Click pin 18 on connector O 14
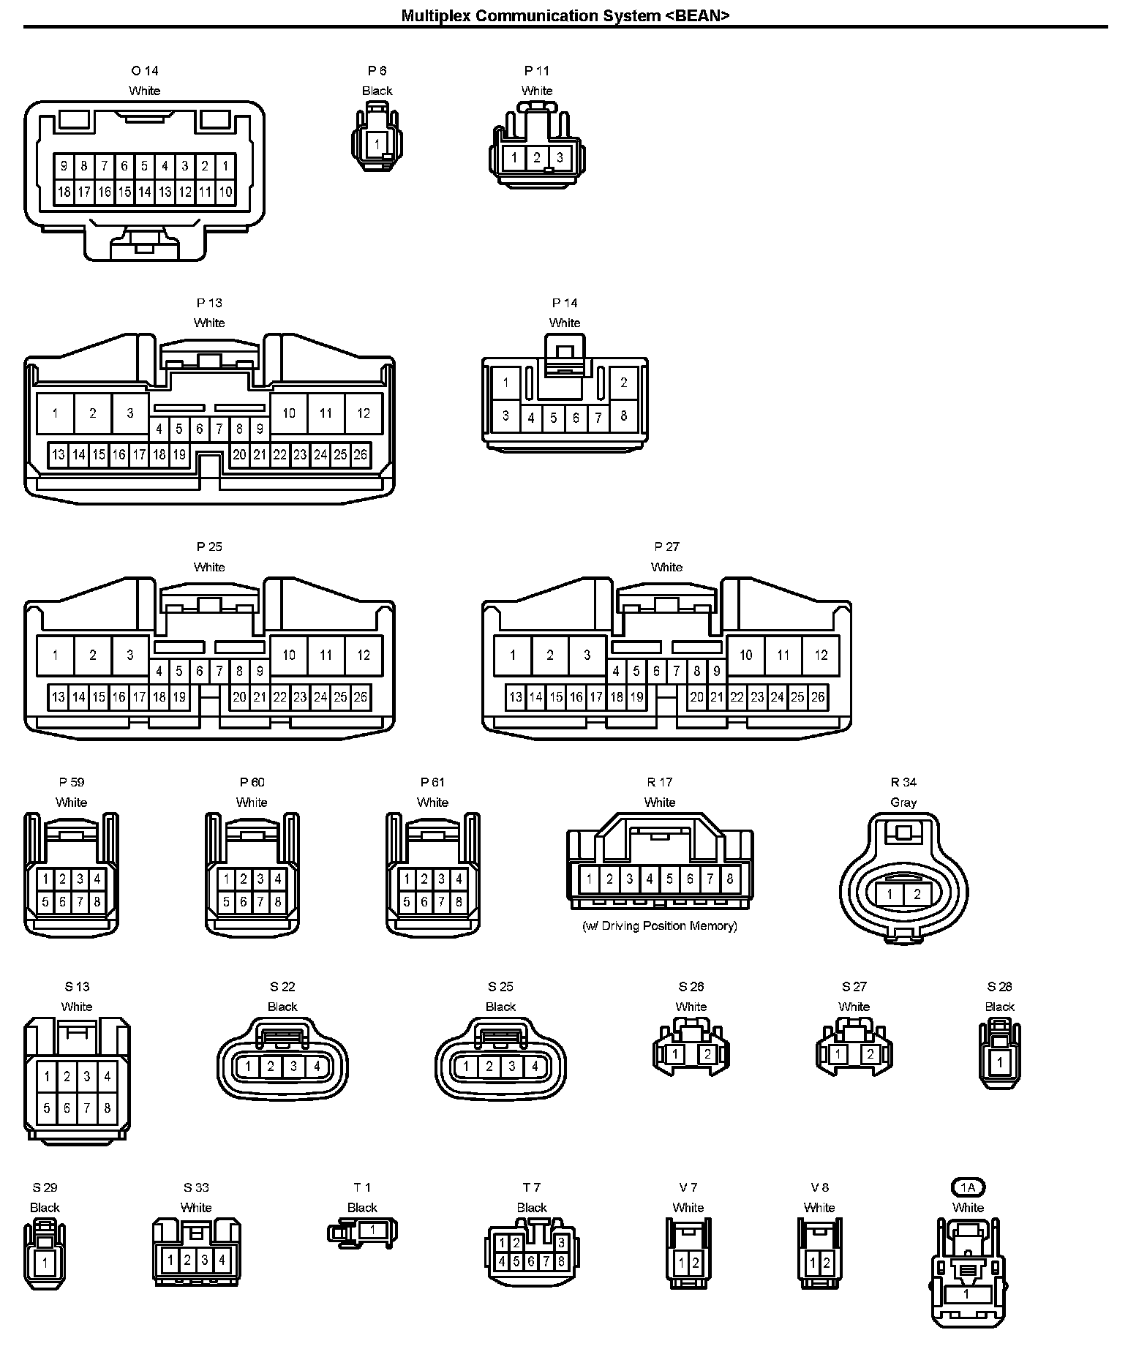64,192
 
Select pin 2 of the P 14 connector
623,382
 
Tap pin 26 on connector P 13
360,454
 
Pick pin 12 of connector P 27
821,655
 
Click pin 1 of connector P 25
55,655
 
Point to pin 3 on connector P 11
560,157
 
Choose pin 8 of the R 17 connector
729,879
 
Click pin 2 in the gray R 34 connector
917,894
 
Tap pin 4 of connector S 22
317,1067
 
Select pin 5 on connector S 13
47,1108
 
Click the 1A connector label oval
968,1187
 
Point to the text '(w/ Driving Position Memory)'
659,925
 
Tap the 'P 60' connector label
252,782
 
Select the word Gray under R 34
903,803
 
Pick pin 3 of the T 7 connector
561,1243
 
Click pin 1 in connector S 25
467,1067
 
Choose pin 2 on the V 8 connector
827,1263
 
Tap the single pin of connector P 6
377,144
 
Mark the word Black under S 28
999,1007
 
